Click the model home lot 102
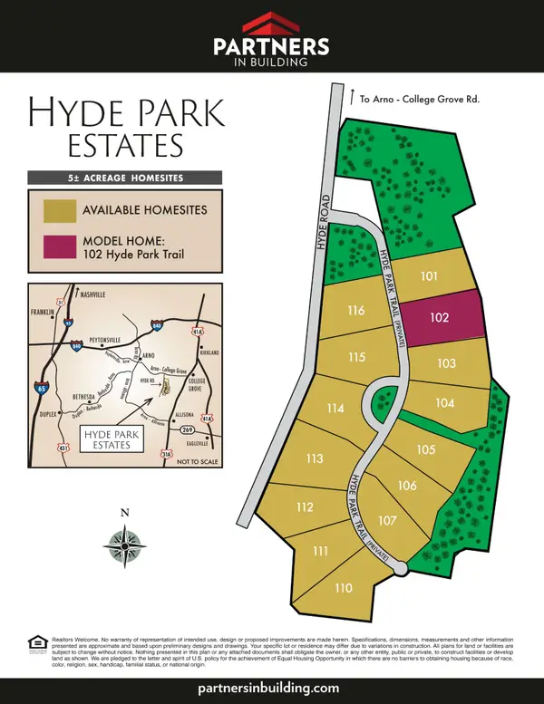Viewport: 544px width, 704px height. tap(440, 318)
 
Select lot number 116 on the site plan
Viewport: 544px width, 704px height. tap(355, 311)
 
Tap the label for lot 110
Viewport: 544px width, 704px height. tap(343, 588)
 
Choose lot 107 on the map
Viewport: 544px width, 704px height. tap(387, 520)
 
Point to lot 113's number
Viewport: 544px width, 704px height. tap(314, 458)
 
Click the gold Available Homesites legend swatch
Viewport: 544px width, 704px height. tap(59, 210)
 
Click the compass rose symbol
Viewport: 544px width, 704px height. tap(125, 545)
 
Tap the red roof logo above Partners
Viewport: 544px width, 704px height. tap(271, 24)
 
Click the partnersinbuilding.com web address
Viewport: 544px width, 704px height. tap(271, 688)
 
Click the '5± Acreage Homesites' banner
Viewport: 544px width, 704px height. tap(125, 177)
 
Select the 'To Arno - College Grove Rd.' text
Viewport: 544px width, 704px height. tap(419, 99)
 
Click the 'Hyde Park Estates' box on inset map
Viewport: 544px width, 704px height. tap(112, 440)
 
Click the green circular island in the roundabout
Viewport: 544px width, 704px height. tap(383, 399)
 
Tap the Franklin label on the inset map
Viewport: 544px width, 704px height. tap(44, 312)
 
